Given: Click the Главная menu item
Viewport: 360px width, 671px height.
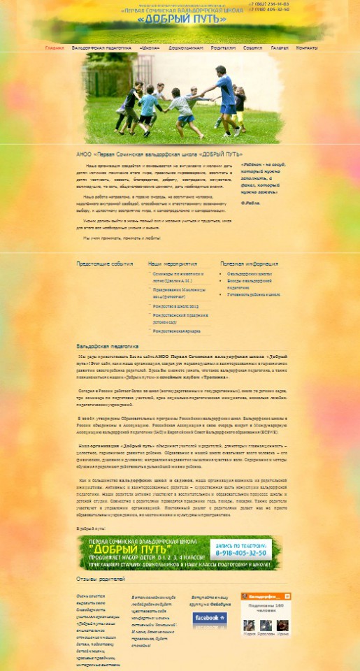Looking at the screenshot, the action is pyautogui.click(x=54, y=48).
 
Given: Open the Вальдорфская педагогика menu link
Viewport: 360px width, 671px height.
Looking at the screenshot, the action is pyautogui.click(x=101, y=48).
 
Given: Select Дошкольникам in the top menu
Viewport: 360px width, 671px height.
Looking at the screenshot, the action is pyautogui.click(x=186, y=48).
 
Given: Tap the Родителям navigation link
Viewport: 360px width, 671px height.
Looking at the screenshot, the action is pyautogui.click(x=224, y=48).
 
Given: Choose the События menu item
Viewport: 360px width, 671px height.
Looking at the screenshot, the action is pyautogui.click(x=253, y=48).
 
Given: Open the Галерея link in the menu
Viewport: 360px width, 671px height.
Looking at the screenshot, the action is pyautogui.click(x=280, y=48).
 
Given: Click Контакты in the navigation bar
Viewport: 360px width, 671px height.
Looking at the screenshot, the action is pyautogui.click(x=307, y=48).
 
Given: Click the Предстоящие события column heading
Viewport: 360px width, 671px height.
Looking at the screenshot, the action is pyautogui.click(x=104, y=264).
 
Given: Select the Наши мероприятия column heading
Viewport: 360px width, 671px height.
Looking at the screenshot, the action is pyautogui.click(x=173, y=264).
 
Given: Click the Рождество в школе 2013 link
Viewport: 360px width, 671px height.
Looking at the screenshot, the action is pyautogui.click(x=175, y=306).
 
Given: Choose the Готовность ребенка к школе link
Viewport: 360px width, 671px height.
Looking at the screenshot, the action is pyautogui.click(x=254, y=294).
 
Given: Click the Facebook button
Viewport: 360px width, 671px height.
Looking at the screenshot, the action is pyautogui.click(x=210, y=618).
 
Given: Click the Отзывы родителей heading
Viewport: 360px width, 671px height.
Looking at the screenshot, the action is pyautogui.click(x=101, y=579).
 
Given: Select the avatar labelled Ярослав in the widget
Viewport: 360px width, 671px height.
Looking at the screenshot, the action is pyautogui.click(x=264, y=625).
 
